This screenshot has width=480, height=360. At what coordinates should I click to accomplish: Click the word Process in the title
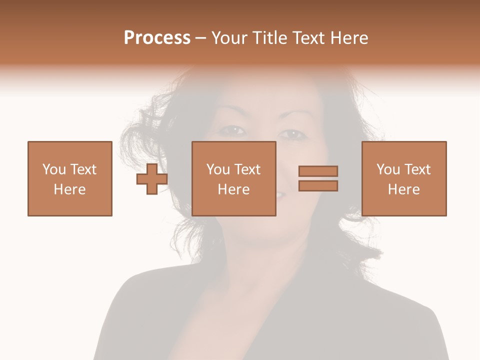157,38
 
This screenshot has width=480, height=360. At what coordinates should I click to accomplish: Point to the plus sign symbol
152,178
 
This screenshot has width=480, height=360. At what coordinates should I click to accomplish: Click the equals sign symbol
318,178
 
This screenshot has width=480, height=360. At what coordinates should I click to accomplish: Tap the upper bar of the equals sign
318,171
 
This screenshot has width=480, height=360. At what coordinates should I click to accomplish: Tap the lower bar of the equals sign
318,185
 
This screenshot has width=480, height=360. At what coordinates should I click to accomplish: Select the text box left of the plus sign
69,178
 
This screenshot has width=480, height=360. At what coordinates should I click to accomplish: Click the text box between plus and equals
233,178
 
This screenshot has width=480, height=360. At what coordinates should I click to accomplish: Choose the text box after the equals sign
403,178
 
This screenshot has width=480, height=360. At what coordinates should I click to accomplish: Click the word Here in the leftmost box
69,189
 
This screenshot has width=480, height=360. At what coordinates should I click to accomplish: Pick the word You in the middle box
217,169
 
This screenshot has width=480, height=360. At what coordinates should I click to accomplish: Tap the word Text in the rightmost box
416,169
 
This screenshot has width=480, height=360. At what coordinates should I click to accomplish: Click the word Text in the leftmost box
82,169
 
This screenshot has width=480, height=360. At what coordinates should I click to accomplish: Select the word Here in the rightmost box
403,189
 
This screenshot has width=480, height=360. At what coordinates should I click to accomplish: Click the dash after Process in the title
201,38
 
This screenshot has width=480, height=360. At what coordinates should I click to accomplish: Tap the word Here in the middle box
233,189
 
